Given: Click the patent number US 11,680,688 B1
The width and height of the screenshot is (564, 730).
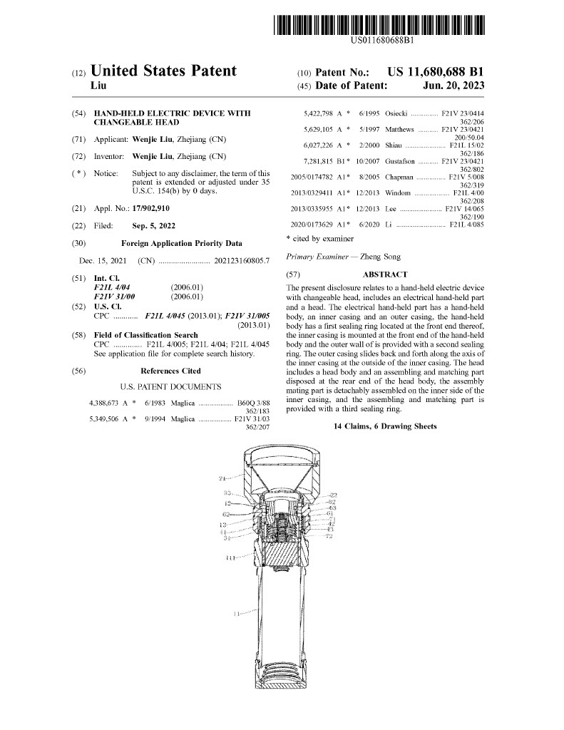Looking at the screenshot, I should tap(436, 72).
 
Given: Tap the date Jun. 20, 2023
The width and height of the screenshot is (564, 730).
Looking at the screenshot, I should tap(453, 86).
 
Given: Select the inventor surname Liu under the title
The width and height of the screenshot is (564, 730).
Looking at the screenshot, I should tap(99, 86).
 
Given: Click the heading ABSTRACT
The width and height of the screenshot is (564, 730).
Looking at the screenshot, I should tap(385, 274).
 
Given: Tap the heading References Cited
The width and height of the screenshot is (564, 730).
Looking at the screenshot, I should tap(170, 371).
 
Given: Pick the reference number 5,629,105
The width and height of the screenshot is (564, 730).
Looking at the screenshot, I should tap(319, 130).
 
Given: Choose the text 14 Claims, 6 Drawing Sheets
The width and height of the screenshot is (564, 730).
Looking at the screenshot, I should tap(385, 426).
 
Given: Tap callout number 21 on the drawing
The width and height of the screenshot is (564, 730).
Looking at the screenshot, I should tap(222, 478).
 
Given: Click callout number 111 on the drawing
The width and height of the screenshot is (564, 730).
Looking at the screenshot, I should tap(230, 557).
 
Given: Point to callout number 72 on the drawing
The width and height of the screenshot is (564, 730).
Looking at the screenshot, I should tap(329, 536).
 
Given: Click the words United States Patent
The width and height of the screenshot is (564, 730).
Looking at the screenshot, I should tap(164, 71).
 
